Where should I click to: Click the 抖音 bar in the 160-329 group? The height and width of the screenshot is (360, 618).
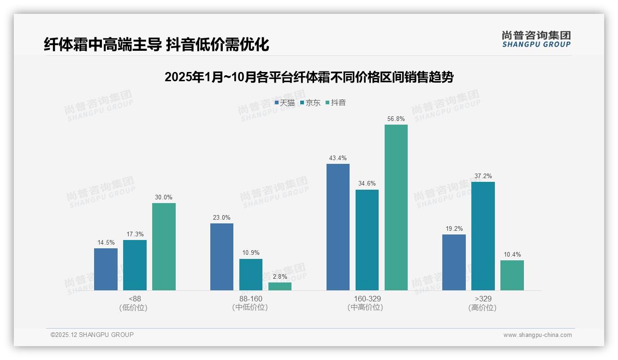[396, 207]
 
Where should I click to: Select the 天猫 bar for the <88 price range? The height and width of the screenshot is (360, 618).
[106, 269]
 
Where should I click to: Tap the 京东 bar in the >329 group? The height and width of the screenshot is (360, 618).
[483, 236]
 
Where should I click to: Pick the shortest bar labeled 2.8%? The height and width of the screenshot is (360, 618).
[280, 286]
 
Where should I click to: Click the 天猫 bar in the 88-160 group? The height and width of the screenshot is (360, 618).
[222, 257]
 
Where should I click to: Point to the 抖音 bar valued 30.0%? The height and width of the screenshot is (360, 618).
[164, 246]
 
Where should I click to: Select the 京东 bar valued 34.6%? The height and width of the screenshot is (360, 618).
[367, 240]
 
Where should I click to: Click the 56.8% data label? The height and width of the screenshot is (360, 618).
[396, 119]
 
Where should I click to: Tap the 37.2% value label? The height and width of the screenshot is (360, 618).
[483, 176]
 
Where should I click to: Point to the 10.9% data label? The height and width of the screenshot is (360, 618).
[251, 253]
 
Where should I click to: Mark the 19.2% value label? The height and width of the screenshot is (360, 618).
[454, 228]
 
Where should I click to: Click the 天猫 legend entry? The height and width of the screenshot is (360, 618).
[285, 102]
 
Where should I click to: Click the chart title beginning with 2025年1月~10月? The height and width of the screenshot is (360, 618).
[309, 77]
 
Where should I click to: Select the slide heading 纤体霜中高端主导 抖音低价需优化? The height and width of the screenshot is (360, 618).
[156, 45]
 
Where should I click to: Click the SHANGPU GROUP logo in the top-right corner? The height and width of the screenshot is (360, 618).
[536, 39]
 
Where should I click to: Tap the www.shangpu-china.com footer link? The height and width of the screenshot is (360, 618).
[537, 335]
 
